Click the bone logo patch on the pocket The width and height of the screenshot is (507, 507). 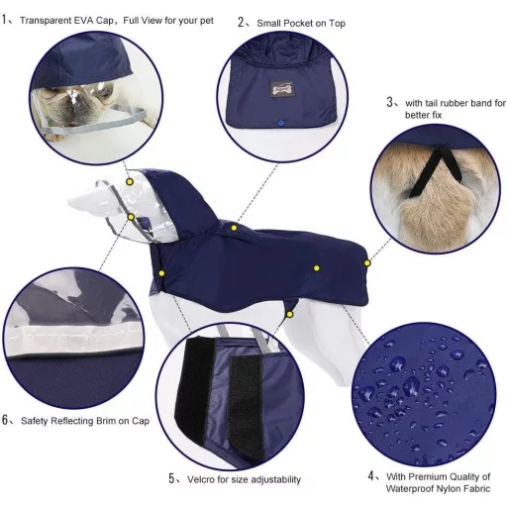pyautogui.click(x=281, y=89)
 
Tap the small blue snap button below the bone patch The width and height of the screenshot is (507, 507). pyautogui.click(x=280, y=124)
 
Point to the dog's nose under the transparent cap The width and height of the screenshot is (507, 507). pyautogui.click(x=71, y=112)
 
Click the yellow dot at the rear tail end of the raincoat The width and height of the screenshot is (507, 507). pyautogui.click(x=367, y=263)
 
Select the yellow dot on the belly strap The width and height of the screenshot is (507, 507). pyautogui.click(x=289, y=315)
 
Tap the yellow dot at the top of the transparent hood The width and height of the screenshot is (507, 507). pyautogui.click(x=130, y=181)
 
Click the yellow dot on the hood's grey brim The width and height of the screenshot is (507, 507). pyautogui.click(x=131, y=217)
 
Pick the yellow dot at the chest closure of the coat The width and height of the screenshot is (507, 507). pyautogui.click(x=161, y=273)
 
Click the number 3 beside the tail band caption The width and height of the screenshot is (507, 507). pyautogui.click(x=389, y=103)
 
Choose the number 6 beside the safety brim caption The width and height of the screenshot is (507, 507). pyautogui.click(x=5, y=420)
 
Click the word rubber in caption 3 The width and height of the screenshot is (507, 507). pyautogui.click(x=455, y=103)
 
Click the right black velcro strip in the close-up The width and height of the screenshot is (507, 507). pyautogui.click(x=247, y=406)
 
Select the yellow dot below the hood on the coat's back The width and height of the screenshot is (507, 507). pyautogui.click(x=234, y=228)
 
